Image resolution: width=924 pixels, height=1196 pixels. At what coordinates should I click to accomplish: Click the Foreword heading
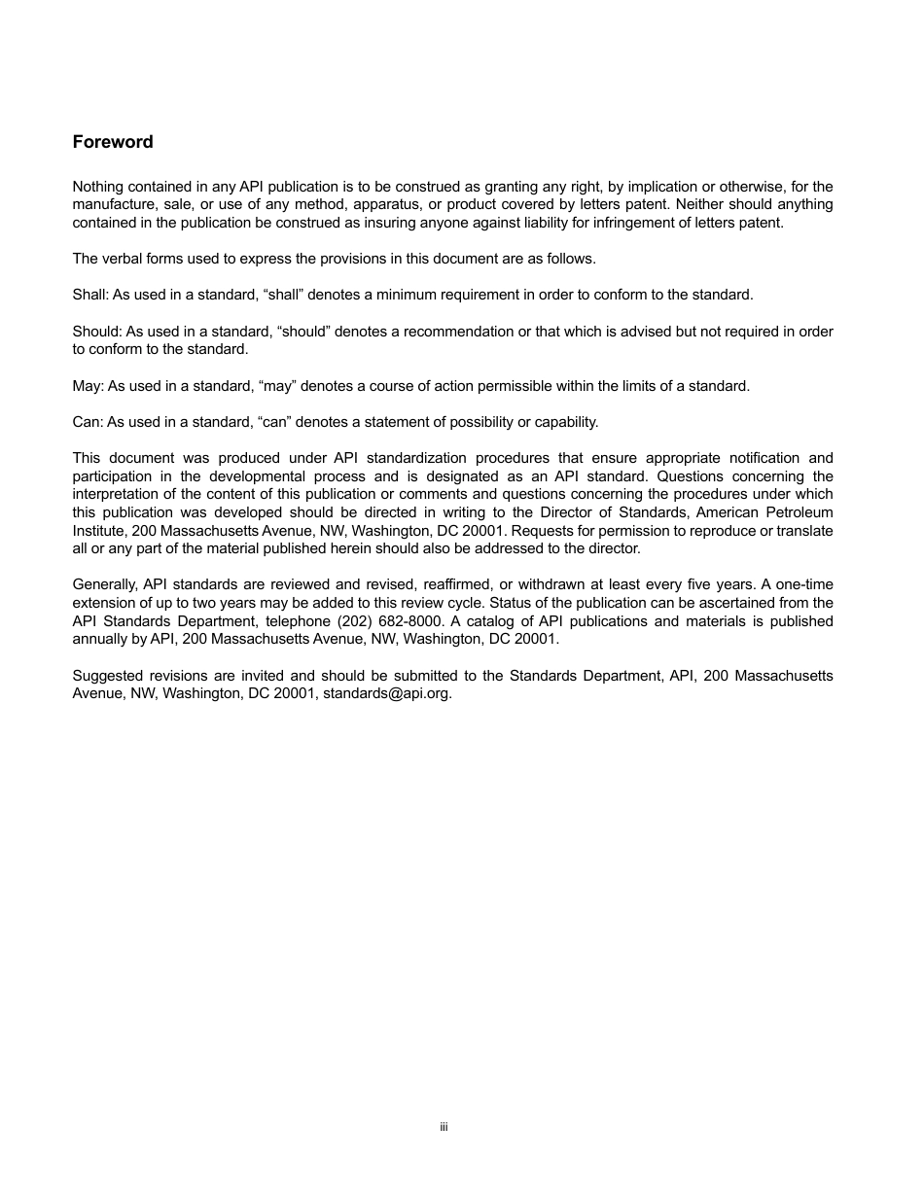click(x=113, y=142)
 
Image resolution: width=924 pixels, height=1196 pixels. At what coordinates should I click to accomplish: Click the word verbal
click(x=122, y=259)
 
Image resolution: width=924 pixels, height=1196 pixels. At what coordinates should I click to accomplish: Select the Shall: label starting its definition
click(x=90, y=295)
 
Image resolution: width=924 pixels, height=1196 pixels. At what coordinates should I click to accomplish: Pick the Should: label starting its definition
click(x=97, y=332)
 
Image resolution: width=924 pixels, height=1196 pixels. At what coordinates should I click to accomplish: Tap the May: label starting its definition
click(x=88, y=386)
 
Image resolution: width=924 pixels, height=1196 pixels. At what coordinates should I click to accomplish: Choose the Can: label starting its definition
click(x=88, y=422)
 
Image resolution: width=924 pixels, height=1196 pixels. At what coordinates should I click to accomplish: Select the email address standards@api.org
click(x=387, y=694)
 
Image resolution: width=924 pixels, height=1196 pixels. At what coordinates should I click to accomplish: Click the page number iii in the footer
click(x=444, y=1127)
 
